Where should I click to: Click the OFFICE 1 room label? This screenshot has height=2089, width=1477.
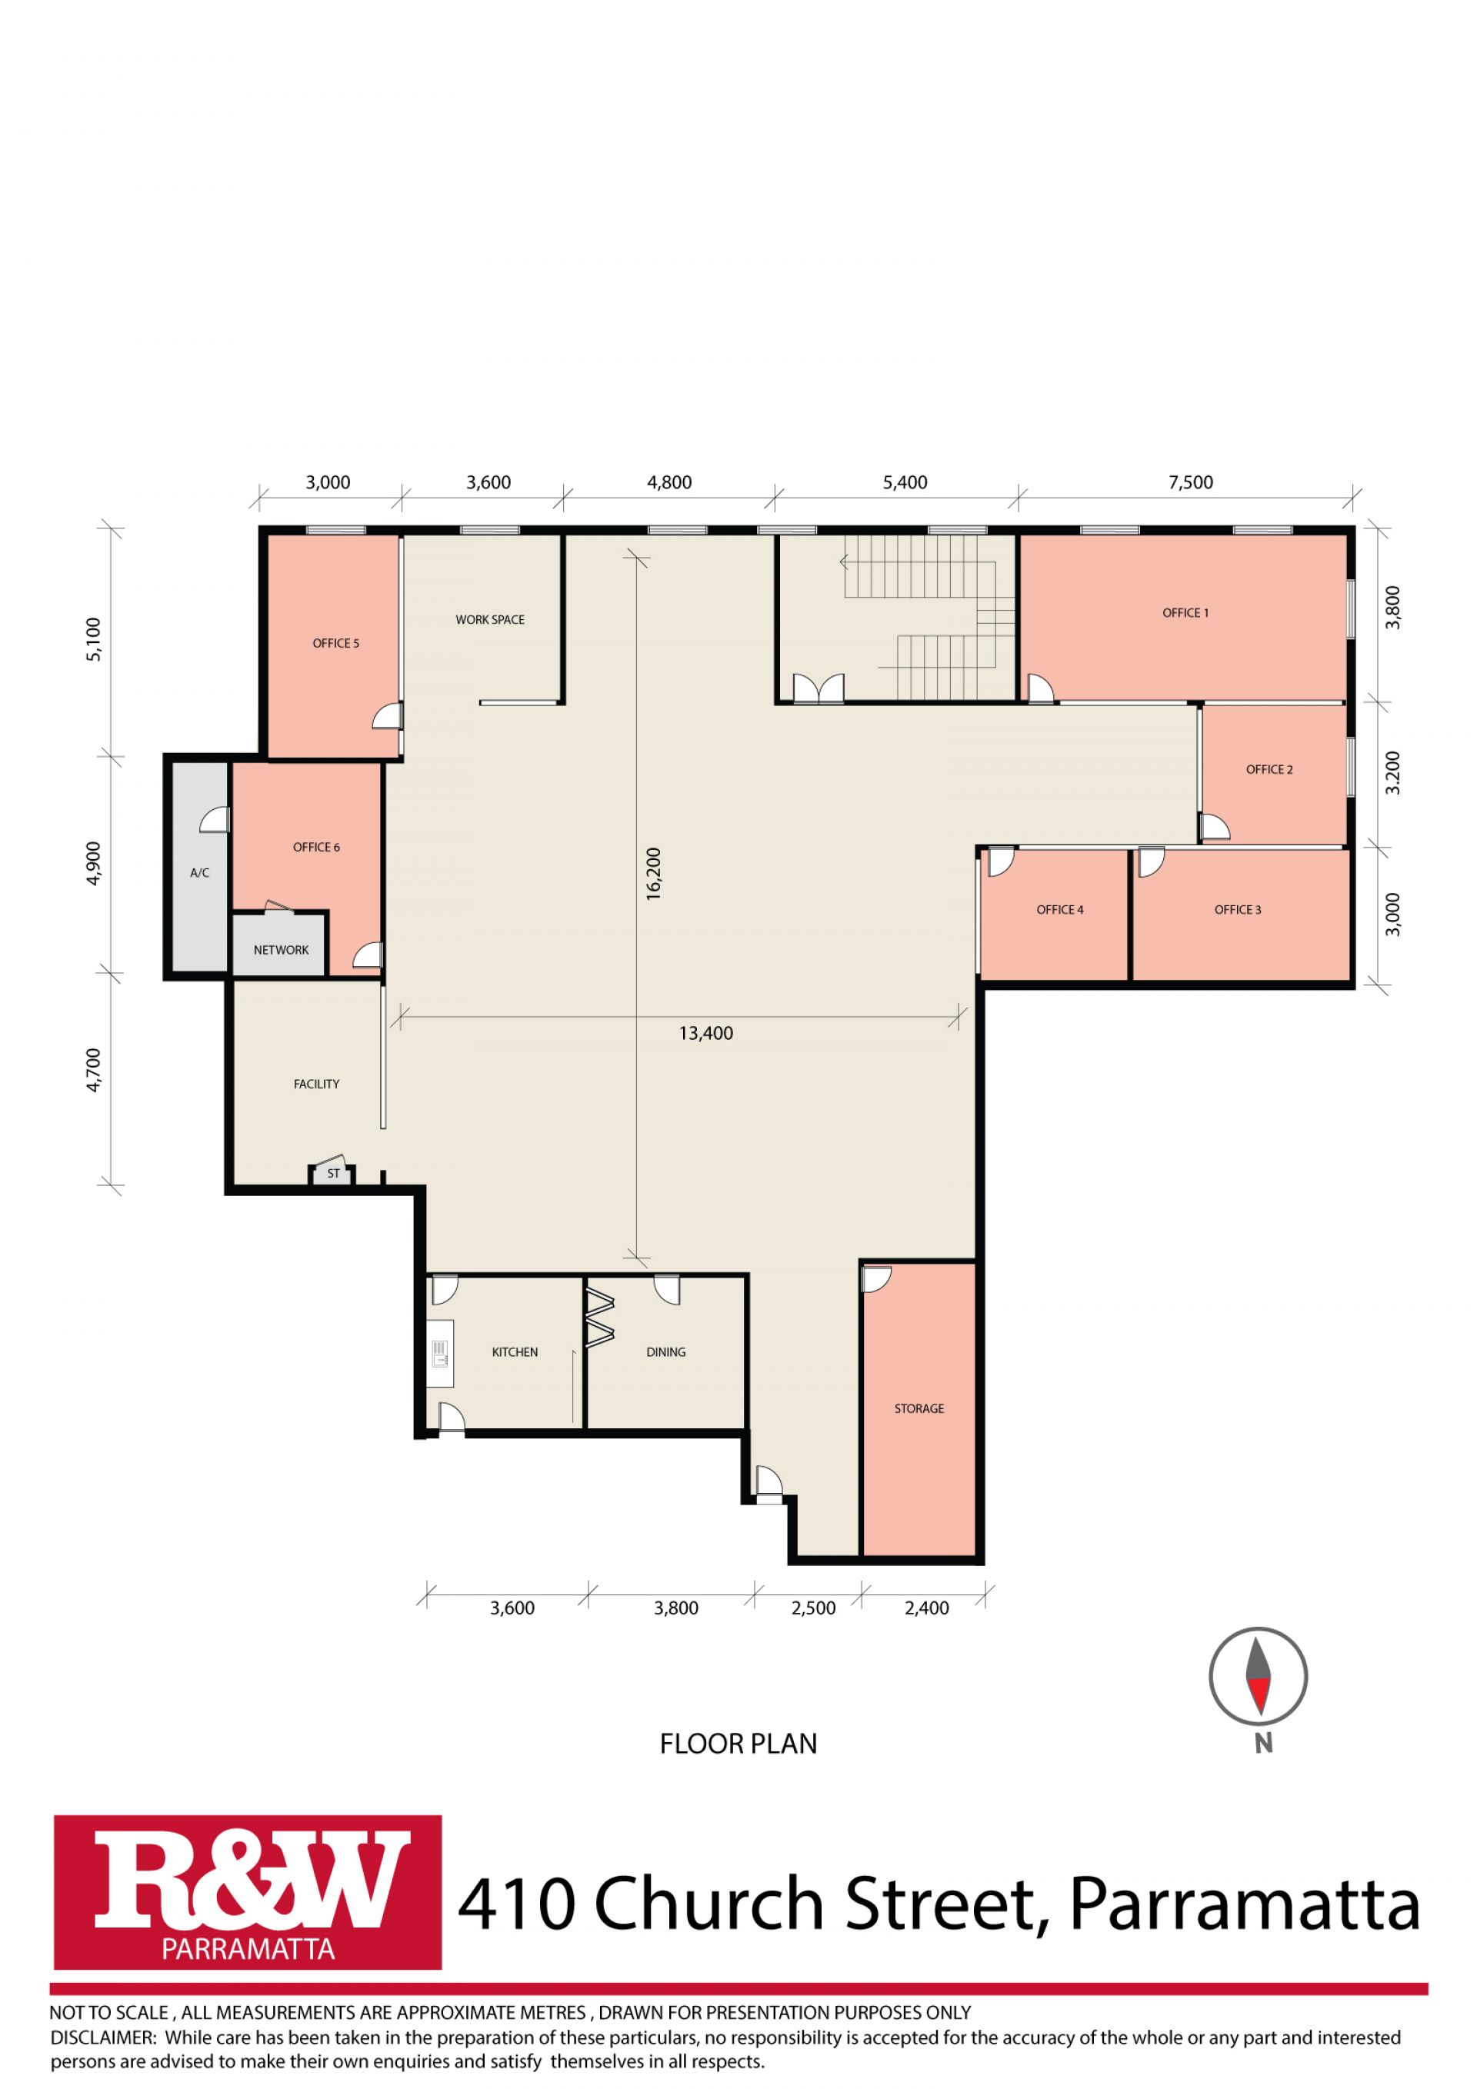point(1185,613)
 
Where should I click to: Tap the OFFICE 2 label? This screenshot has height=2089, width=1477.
point(1269,770)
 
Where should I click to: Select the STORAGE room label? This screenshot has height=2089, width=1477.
point(919,1408)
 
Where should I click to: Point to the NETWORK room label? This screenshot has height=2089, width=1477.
point(282,950)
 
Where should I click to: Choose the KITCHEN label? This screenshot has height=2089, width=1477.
point(515,1352)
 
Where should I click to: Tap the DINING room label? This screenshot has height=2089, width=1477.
point(666,1352)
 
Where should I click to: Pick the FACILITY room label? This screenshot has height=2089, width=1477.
point(317,1084)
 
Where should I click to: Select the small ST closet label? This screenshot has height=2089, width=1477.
point(333,1174)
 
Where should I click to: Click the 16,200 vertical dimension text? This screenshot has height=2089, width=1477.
point(653,875)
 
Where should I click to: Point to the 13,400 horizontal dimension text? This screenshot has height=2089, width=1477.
point(706,1033)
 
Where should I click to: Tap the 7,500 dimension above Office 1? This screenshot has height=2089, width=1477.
point(1192,482)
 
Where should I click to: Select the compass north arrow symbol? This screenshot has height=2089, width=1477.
point(1259,1676)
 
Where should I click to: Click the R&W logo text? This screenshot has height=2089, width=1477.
point(248,1887)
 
